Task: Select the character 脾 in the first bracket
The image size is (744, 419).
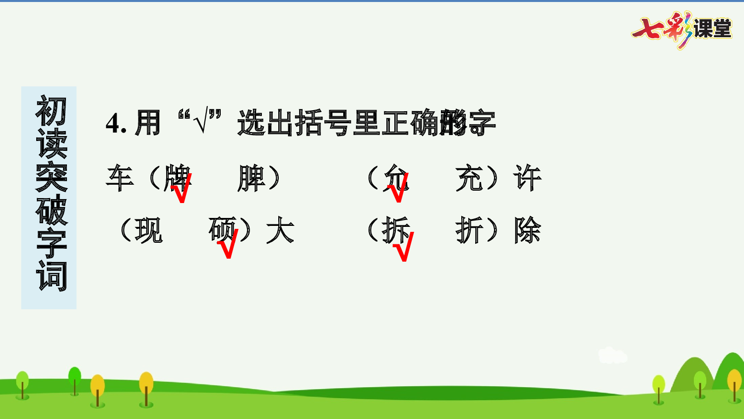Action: click(251, 178)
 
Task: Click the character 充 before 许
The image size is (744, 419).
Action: click(469, 178)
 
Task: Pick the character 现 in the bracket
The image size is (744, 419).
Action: click(148, 230)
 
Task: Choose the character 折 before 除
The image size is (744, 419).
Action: click(469, 230)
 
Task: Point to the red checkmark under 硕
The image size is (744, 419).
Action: click(228, 244)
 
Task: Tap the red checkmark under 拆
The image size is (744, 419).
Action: click(403, 247)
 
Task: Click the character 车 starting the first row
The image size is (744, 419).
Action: click(120, 178)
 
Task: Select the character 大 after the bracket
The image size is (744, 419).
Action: click(280, 230)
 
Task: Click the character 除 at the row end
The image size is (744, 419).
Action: click(527, 230)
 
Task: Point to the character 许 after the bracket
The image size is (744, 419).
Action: click(527, 178)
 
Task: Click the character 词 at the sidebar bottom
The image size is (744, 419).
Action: click(51, 276)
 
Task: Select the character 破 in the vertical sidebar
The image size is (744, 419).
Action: click(51, 210)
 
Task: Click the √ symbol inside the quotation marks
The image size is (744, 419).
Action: click(200, 122)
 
